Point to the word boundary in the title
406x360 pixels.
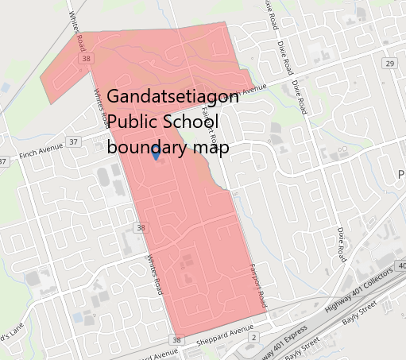coord(147,147)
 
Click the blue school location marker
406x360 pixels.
coord(155,154)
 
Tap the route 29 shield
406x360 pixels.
coord(389,63)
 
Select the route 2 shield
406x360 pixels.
coord(253,339)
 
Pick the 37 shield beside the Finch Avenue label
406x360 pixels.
coord(74,141)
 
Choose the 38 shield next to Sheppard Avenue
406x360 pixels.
coord(176,341)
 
